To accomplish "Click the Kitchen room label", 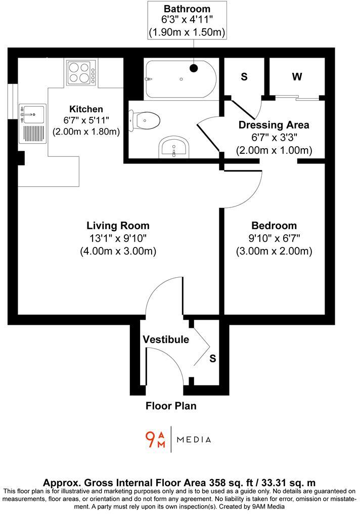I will point(86,109).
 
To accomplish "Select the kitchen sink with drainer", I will point(32,123).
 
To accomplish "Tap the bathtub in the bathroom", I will point(180,79).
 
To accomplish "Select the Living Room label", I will point(118,226).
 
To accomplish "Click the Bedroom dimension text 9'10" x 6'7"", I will point(274,238).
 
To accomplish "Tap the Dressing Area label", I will point(274,125).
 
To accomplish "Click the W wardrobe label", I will point(297,77).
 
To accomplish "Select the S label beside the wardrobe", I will point(244,77).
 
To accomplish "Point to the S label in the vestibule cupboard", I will point(213,359).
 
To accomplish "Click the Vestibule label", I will point(165,339).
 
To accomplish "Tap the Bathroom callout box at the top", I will point(187,20).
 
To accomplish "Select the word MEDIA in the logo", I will point(194,439).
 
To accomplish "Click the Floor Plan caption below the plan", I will point(171,405).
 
